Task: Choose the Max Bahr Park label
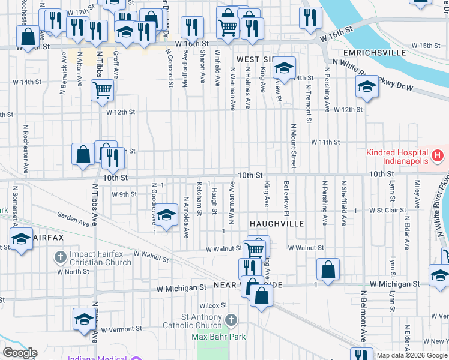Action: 218,337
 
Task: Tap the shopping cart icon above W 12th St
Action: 102,91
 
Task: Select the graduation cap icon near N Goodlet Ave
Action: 167,214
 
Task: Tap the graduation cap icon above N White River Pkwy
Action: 366,87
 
